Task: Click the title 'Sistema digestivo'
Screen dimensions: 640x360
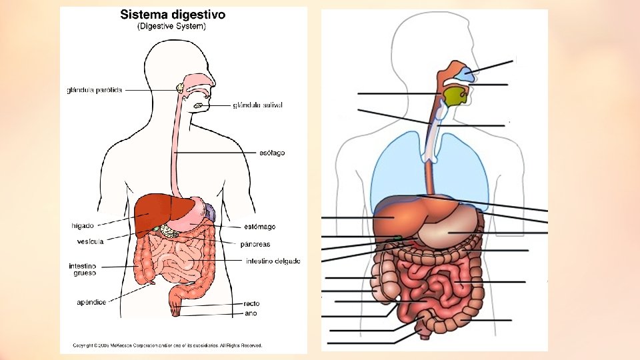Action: point(172,14)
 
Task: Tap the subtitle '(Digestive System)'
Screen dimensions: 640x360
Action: point(171,27)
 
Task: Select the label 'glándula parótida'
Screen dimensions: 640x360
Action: point(95,90)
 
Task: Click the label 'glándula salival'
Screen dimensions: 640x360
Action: point(258,105)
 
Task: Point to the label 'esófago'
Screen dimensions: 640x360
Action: point(271,153)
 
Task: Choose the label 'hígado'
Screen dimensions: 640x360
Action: point(82,225)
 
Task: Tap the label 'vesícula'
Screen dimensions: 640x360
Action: point(89,241)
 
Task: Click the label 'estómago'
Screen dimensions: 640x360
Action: point(259,227)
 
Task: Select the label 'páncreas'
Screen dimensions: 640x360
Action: point(255,244)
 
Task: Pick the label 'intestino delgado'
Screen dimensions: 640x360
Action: point(273,261)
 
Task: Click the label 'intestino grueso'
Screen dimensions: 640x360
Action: point(83,269)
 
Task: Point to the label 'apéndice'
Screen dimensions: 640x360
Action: point(91,302)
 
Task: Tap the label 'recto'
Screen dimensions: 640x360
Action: point(251,303)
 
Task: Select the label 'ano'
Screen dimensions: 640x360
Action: point(251,313)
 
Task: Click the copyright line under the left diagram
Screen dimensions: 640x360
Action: point(167,345)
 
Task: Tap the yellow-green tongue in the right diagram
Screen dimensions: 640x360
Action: point(455,97)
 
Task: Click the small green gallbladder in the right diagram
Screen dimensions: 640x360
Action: point(398,237)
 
